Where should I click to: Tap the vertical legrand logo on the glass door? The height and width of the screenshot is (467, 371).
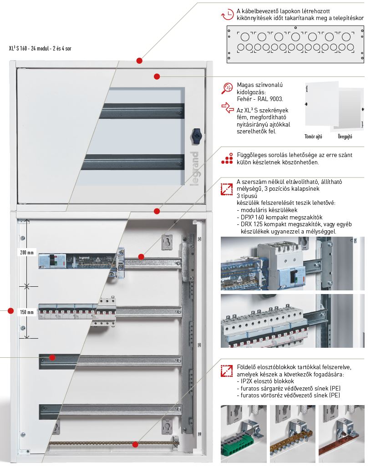coord(193,168)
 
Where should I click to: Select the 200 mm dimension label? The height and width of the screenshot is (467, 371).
coord(27,252)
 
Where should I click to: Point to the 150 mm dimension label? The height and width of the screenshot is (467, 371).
coord(27,312)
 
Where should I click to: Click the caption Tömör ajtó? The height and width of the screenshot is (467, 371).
coord(314,136)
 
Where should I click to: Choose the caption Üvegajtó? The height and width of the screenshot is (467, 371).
coord(345,136)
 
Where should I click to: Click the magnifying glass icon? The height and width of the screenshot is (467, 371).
coord(227,89)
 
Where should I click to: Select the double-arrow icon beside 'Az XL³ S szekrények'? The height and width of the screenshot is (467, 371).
coord(227,108)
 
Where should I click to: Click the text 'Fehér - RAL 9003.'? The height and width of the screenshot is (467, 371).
coord(260,99)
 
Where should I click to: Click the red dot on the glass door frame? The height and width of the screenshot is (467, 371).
coord(157,76)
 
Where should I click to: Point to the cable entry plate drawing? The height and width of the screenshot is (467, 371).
coord(295,44)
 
